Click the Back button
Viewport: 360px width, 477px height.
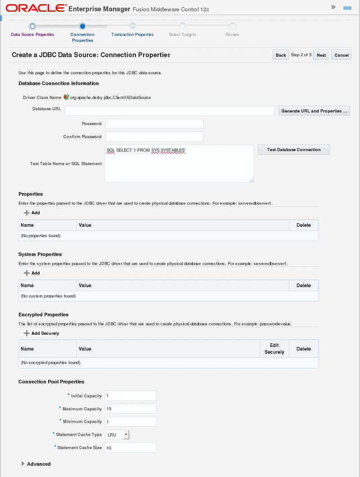pyautogui.click(x=281, y=55)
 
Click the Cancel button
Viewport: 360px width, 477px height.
pyautogui.click(x=341, y=55)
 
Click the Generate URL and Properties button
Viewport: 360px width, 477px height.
pyautogui.click(x=314, y=111)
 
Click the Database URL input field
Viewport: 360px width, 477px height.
pyautogui.click(x=170, y=111)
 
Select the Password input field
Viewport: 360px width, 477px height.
pyautogui.click(x=154, y=124)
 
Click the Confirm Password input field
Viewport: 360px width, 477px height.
pyautogui.click(x=154, y=137)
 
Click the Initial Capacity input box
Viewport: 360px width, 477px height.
pyautogui.click(x=130, y=396)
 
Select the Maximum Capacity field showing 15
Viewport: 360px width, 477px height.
pyautogui.click(x=130, y=409)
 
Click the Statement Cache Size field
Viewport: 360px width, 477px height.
pyautogui.click(x=130, y=448)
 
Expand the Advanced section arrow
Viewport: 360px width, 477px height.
pyautogui.click(x=23, y=464)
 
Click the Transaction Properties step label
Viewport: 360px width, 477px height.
pyautogui.click(x=132, y=35)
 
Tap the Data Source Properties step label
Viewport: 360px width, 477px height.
pyautogui.click(x=32, y=35)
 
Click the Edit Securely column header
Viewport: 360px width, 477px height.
pyautogui.click(x=274, y=349)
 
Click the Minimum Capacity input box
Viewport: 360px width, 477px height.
pyautogui.click(x=130, y=422)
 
